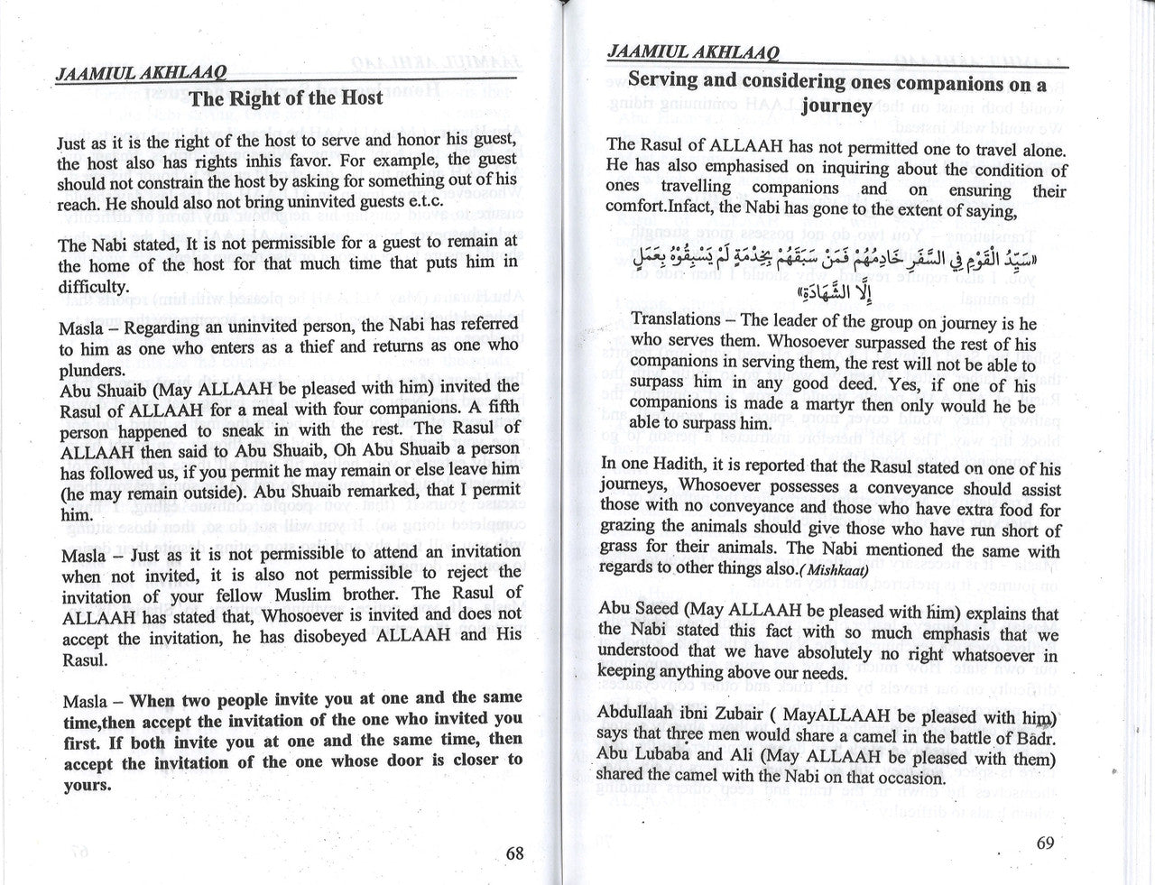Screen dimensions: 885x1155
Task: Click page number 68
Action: [x=514, y=853]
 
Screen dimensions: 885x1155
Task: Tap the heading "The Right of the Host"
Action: [x=287, y=99]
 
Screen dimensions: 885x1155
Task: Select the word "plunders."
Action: [x=92, y=368]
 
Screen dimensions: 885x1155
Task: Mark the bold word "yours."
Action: [x=87, y=784]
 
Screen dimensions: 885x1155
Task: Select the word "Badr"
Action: [x=1036, y=738]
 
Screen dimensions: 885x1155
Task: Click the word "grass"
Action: [x=621, y=550]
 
